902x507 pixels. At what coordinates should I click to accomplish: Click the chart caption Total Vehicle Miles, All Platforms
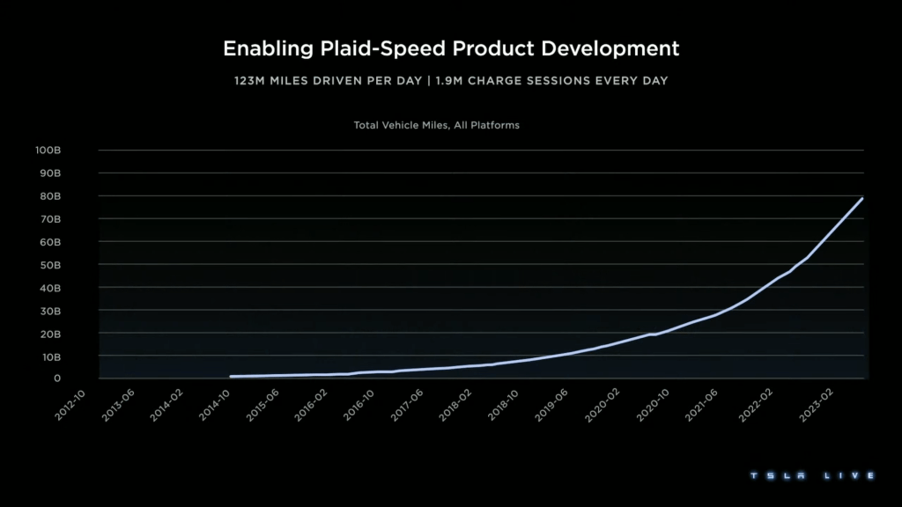coord(436,125)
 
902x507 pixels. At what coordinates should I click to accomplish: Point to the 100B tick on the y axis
coord(48,151)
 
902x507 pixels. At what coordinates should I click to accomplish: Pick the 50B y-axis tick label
coord(49,265)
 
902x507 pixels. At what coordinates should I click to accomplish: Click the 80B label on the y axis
coord(49,196)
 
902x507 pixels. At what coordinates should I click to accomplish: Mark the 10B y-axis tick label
coord(49,356)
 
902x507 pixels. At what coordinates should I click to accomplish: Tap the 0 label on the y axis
coord(56,378)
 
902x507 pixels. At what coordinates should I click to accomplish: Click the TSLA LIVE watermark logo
coord(812,475)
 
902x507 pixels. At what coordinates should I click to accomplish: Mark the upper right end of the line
coord(862,198)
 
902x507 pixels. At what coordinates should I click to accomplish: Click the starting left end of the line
coord(230,377)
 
